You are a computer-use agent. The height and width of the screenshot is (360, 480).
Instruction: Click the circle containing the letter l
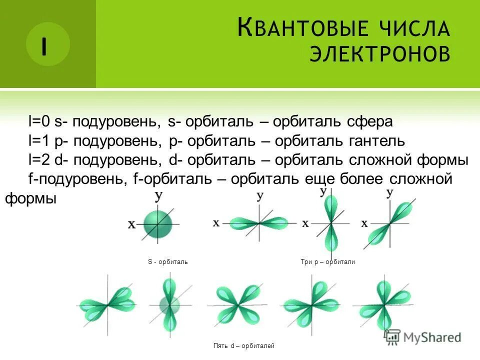pyautogui.click(x=47, y=44)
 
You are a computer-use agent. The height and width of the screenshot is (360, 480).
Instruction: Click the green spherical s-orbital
pyautogui.click(x=158, y=225)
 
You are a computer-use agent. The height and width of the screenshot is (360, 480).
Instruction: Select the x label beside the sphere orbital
pyautogui.click(x=131, y=225)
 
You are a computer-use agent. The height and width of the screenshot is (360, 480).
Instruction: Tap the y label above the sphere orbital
pyautogui.click(x=158, y=196)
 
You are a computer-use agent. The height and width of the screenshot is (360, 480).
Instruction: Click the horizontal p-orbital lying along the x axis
pyautogui.click(x=259, y=222)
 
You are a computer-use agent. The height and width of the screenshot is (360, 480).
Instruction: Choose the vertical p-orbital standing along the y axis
pyautogui.click(x=330, y=220)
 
